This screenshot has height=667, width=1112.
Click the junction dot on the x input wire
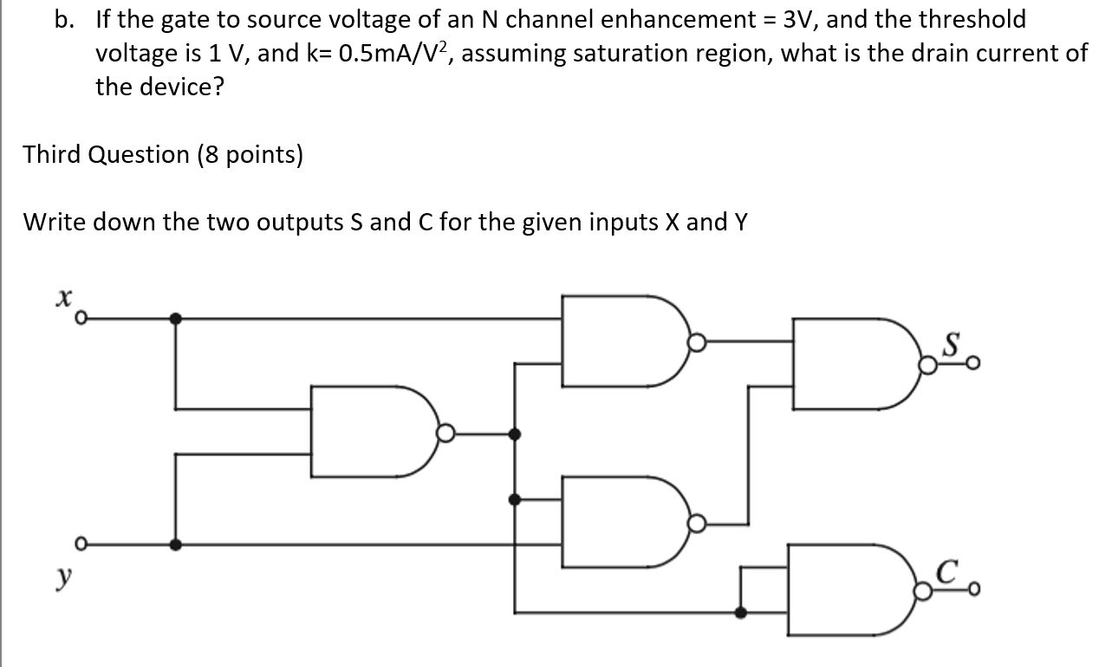click(x=177, y=319)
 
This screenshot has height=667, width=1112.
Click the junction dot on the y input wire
click(x=177, y=545)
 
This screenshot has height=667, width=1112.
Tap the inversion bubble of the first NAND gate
click(x=445, y=434)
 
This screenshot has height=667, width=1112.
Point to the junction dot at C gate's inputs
click(x=741, y=612)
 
